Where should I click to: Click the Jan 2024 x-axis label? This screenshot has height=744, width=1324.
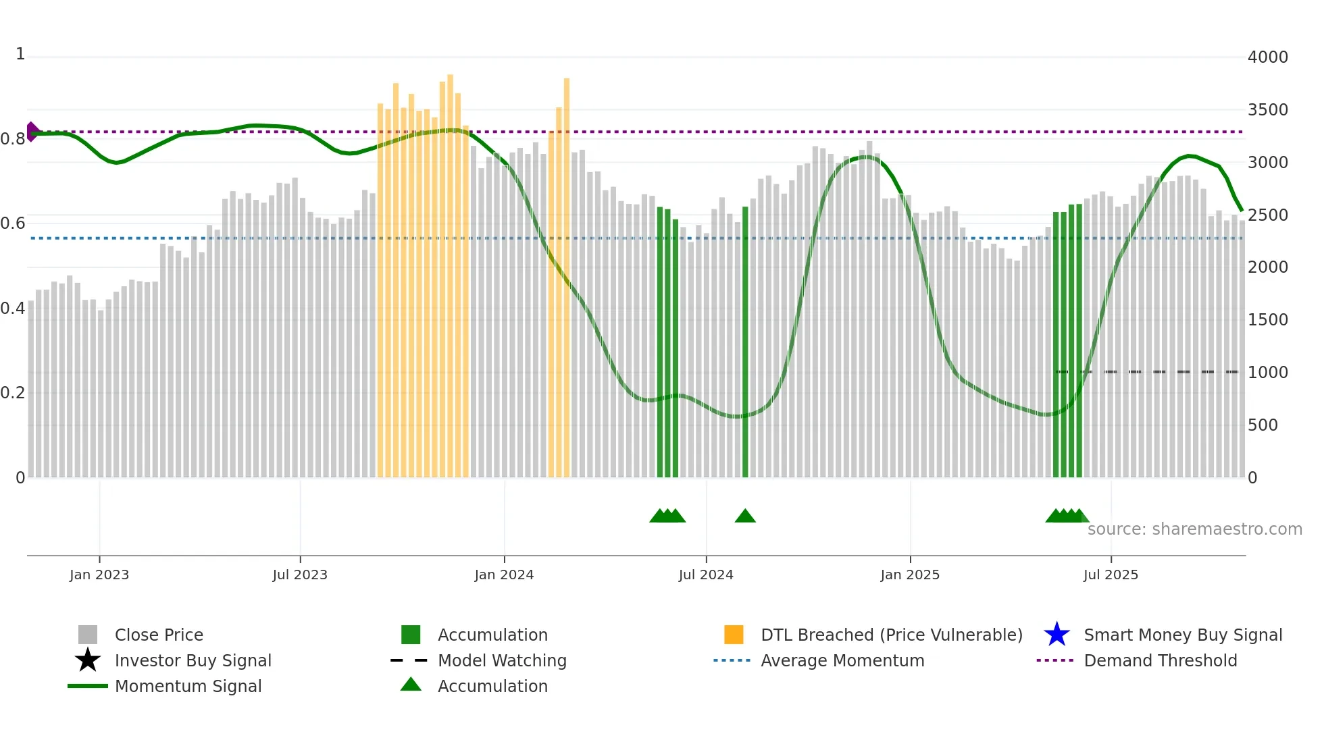point(504,575)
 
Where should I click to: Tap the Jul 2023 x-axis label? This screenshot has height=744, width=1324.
point(300,575)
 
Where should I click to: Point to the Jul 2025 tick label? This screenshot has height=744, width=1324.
point(1111,575)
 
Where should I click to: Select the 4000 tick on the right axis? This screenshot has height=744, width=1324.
point(1267,57)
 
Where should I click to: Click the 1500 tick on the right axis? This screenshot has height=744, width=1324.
point(1267,320)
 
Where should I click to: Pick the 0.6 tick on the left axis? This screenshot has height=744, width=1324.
point(13,223)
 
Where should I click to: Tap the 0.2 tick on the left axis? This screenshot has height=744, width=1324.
point(13,393)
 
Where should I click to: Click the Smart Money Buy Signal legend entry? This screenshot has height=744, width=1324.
point(1182,635)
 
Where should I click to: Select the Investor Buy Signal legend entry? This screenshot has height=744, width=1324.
point(193,660)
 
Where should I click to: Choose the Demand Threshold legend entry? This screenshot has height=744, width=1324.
point(1160,660)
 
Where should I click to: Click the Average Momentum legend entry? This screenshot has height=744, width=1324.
point(842,660)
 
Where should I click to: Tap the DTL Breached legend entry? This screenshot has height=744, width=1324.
point(891,635)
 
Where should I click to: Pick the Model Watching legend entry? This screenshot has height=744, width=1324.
point(501,660)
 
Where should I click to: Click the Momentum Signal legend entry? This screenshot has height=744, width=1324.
point(188,686)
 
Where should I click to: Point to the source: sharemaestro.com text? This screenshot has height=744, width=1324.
point(1194,529)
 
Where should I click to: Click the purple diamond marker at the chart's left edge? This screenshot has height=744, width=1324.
point(32,132)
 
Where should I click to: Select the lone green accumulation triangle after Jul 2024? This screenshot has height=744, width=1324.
point(745,516)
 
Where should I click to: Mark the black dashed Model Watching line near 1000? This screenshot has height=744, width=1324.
point(1148,372)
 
